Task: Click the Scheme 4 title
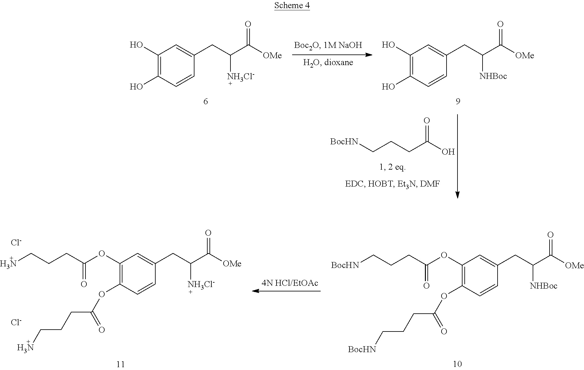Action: coord(292,6)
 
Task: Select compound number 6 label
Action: coord(205,101)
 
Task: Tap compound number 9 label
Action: coord(458,101)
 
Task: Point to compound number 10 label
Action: coord(457,364)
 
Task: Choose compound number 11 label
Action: coord(121,364)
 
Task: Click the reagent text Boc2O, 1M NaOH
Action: coord(328,45)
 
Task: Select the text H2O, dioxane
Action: coord(328,63)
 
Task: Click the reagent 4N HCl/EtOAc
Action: coord(290,283)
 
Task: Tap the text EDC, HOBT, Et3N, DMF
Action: coord(392,184)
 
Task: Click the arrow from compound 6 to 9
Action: coord(332,55)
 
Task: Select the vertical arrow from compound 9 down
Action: coord(457,157)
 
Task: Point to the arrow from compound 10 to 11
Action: coord(287,291)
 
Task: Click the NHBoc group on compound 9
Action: coord(493,76)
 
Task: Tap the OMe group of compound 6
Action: coord(272,56)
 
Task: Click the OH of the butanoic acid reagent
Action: coord(448,152)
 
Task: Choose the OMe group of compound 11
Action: coord(232,264)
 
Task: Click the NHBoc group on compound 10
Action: coord(543,285)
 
